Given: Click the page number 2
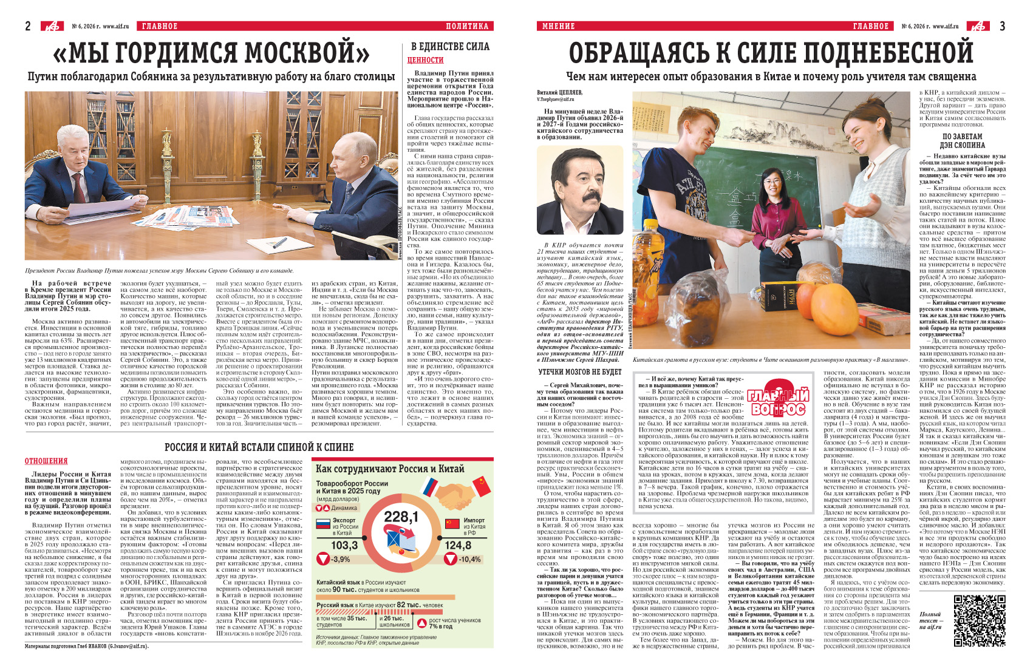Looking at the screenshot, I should (28, 25).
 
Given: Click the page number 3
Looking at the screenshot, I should (1002, 25).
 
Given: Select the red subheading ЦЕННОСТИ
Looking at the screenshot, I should (425, 60).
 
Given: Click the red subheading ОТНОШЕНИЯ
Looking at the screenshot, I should (46, 461).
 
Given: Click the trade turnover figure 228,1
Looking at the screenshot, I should (401, 517).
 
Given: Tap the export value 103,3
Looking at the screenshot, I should (344, 545).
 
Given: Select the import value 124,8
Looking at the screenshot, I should (458, 545).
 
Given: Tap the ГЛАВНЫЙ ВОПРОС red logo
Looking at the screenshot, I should (778, 401).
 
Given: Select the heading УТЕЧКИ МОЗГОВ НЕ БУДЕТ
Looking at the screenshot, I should (580, 372).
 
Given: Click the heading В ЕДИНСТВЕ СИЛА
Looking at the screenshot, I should (450, 46).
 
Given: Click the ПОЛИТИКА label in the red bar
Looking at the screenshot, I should (466, 26).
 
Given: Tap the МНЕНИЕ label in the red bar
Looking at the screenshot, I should (558, 26).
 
